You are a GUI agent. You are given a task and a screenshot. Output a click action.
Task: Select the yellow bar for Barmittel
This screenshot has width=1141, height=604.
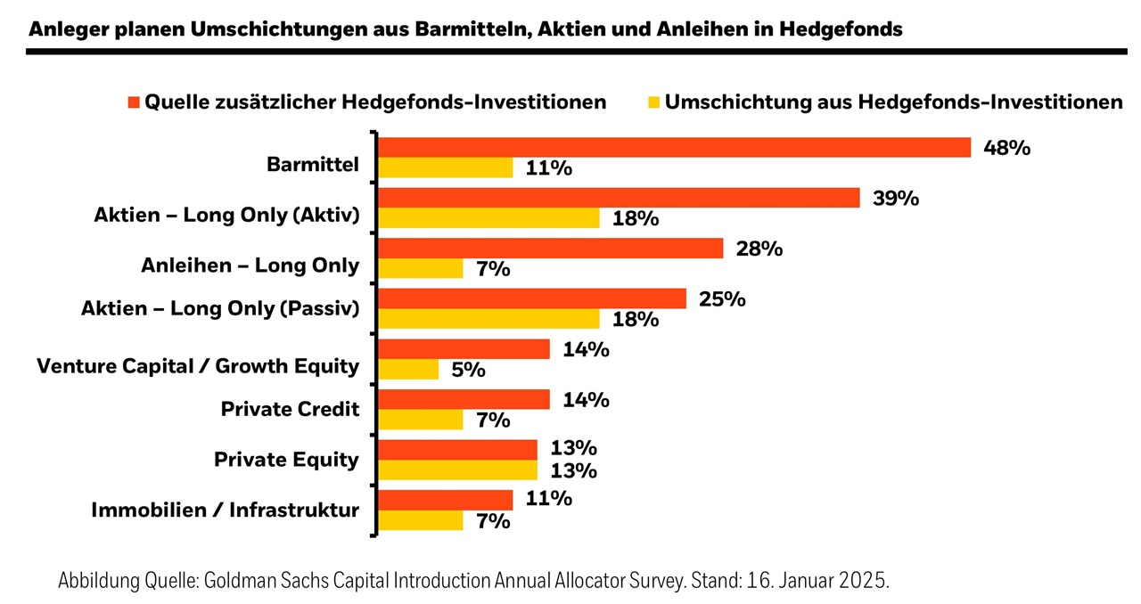(x=447, y=167)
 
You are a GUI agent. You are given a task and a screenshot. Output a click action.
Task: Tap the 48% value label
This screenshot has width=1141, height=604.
(x=1006, y=148)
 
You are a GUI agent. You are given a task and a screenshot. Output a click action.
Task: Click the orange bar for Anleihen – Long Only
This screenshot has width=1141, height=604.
(x=551, y=249)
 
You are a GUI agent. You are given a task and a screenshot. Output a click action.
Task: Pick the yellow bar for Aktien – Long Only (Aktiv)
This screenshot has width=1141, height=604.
(x=489, y=218)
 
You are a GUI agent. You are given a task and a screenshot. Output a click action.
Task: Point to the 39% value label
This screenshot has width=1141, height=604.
(x=895, y=198)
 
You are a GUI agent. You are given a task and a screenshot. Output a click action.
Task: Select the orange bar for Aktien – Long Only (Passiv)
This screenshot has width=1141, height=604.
(x=533, y=298)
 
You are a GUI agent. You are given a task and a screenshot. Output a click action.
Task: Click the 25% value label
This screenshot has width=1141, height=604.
(x=722, y=298)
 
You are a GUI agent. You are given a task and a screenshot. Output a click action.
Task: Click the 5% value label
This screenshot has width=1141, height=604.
(x=468, y=370)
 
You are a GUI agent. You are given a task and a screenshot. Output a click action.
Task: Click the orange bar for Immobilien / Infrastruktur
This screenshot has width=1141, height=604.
(x=447, y=500)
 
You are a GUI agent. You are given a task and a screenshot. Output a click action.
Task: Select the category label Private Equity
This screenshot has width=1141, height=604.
(x=286, y=460)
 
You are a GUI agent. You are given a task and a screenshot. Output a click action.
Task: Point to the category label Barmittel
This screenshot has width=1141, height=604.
(x=313, y=165)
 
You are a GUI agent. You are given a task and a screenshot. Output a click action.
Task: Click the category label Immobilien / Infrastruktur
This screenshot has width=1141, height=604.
(x=226, y=510)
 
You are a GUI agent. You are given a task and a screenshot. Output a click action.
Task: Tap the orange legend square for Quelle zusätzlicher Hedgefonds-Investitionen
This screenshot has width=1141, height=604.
(x=135, y=102)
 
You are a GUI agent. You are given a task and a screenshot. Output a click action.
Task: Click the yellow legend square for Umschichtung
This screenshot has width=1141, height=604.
(x=653, y=102)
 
